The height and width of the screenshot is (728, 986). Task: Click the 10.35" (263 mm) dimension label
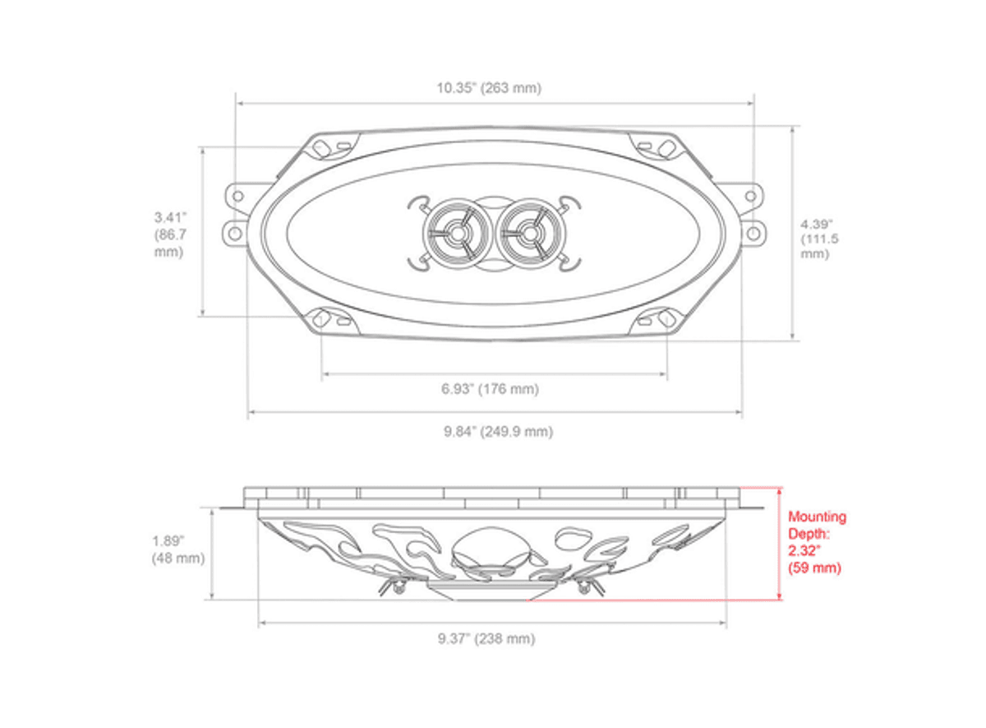[x=489, y=88]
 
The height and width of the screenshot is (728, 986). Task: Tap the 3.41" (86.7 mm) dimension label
[x=170, y=234]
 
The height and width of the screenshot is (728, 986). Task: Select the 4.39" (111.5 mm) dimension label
[x=819, y=239]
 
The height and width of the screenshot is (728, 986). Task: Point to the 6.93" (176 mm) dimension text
[x=490, y=389]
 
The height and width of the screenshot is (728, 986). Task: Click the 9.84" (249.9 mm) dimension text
[x=498, y=431]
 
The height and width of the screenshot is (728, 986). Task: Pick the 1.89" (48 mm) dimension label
[x=178, y=549]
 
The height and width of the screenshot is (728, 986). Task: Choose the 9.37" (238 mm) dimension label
[x=486, y=638]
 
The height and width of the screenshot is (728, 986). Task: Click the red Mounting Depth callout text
[x=817, y=542]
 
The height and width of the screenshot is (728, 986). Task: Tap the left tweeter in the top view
[x=458, y=234]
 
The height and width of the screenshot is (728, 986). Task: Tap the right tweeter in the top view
[x=529, y=234]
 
